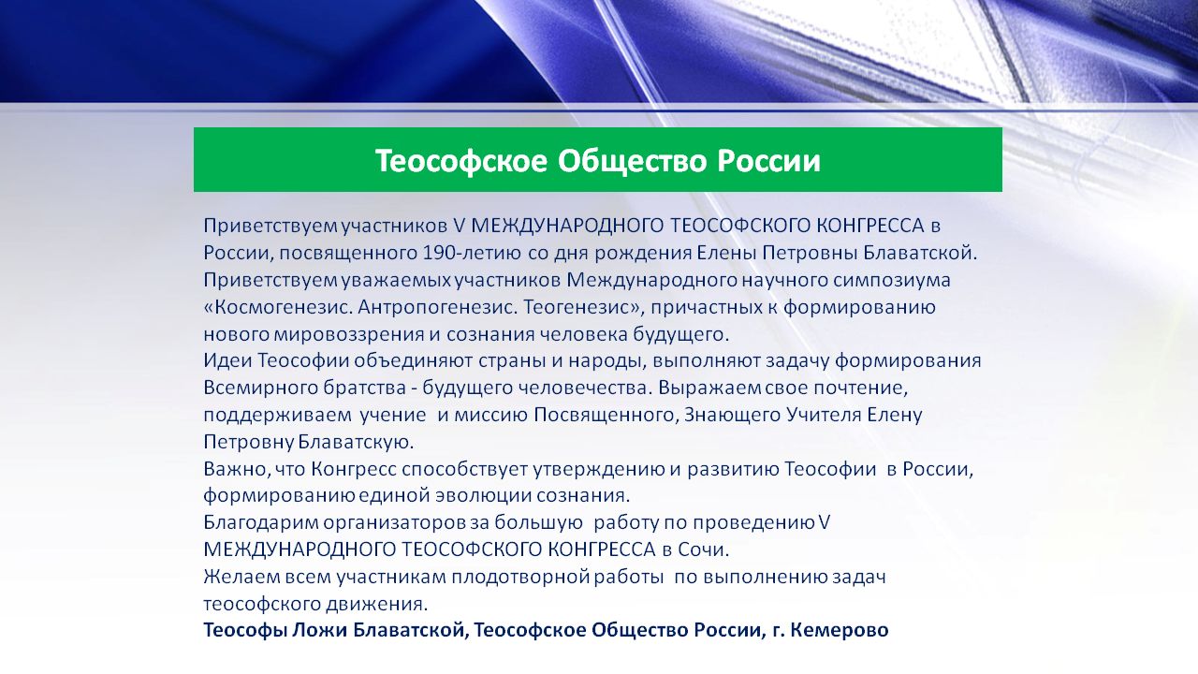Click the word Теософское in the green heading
tap(462, 160)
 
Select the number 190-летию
tap(472, 253)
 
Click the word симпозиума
tap(892, 280)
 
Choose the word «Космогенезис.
tap(278, 307)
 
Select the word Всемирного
tap(260, 388)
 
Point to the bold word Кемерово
tap(840, 630)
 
